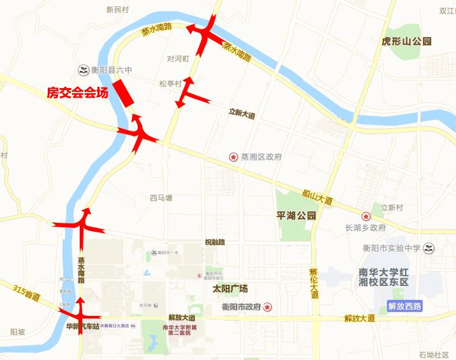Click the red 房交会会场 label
[x=77, y=93]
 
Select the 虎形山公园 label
[x=406, y=41]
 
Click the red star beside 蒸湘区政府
[x=233, y=157]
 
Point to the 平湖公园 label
[x=296, y=216]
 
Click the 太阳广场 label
[x=230, y=289]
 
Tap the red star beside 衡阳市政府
[x=268, y=307]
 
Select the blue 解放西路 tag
[x=404, y=306]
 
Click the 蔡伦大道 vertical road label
[x=313, y=283]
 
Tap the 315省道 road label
[x=26, y=293]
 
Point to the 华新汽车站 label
[x=83, y=326]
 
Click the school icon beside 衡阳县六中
[x=83, y=70]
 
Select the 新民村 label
[x=117, y=10]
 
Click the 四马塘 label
[x=161, y=198]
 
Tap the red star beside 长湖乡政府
[x=365, y=216]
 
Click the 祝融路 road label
[x=215, y=242]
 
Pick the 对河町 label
[x=179, y=59]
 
